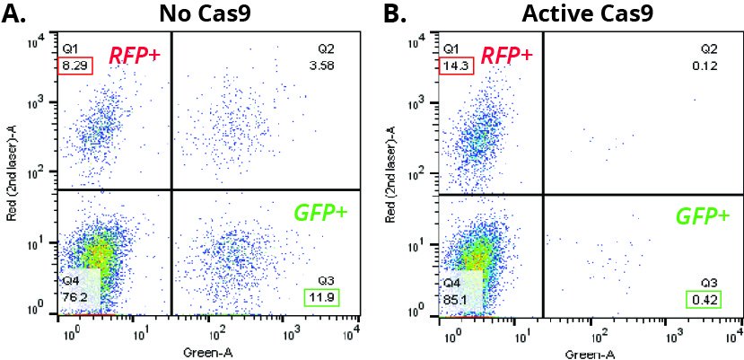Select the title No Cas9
[x=206, y=14]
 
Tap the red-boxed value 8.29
[x=75, y=66]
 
